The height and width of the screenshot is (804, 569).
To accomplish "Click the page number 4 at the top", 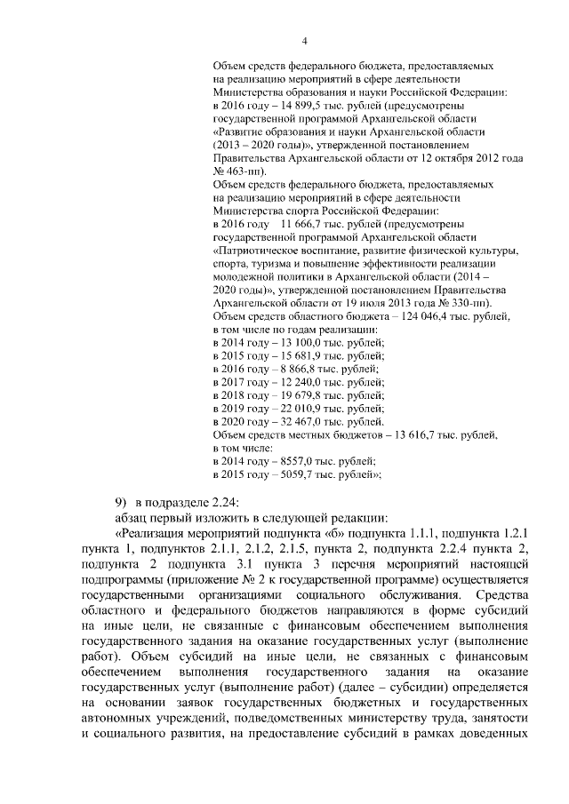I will pos(304,40).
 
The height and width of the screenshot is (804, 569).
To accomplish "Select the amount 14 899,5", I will pos(293,105).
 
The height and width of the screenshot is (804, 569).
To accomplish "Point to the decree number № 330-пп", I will pos(453,302).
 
